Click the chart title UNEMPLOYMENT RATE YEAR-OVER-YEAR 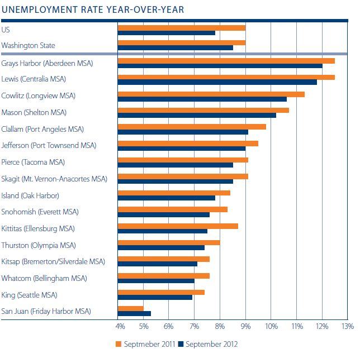(92, 9)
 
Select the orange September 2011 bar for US (181, 27)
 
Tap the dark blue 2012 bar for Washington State (175, 47)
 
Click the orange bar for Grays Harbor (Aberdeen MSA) (226, 60)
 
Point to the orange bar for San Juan (130, 308)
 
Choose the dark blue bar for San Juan (134, 313)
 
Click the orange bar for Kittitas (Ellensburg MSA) (178, 226)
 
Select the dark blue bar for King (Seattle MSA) (155, 297)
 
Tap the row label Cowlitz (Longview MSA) (39, 96)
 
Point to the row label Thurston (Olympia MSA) (39, 245)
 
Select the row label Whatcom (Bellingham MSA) (44, 278)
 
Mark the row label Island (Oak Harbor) (30, 195)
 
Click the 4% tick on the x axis (120, 326)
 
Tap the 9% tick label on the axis (245, 326)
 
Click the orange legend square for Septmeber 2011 (118, 344)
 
